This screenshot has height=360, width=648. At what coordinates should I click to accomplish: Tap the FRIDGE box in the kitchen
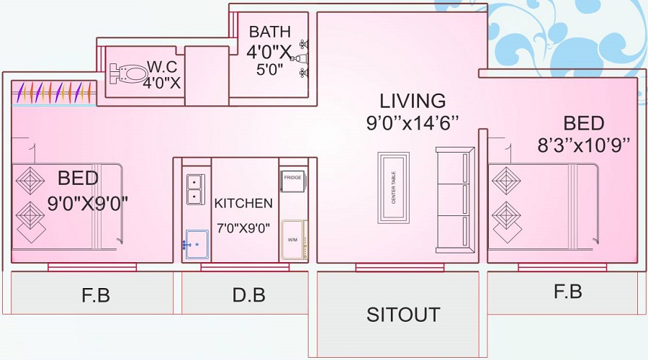coord(293,181)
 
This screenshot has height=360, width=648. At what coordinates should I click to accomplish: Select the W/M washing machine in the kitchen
coord(293,240)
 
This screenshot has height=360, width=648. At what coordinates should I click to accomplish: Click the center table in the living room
coord(394,187)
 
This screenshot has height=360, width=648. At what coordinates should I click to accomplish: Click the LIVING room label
coord(413,101)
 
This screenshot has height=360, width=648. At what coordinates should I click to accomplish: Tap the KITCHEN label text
coord(243,203)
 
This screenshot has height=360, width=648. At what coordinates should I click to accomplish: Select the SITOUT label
coord(402,315)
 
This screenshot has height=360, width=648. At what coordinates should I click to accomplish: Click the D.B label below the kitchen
coord(249,294)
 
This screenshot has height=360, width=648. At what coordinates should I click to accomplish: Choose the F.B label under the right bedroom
coord(567,292)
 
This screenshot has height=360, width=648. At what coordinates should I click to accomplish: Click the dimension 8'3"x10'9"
coord(584,145)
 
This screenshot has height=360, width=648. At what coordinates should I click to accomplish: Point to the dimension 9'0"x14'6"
coord(412,122)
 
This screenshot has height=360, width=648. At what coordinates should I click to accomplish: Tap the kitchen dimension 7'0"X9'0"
coord(243,228)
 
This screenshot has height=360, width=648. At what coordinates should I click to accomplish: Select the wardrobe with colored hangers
coord(55,92)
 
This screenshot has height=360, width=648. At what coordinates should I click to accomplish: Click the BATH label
coord(269,32)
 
